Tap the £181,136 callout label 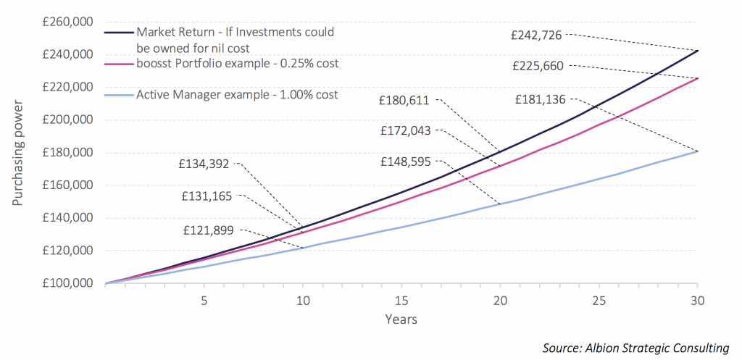(541, 99)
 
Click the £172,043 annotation (405, 130)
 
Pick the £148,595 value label (405, 162)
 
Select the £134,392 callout (205, 164)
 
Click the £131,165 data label (207, 196)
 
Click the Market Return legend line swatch (118, 33)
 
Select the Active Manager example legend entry (237, 95)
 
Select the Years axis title (401, 319)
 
